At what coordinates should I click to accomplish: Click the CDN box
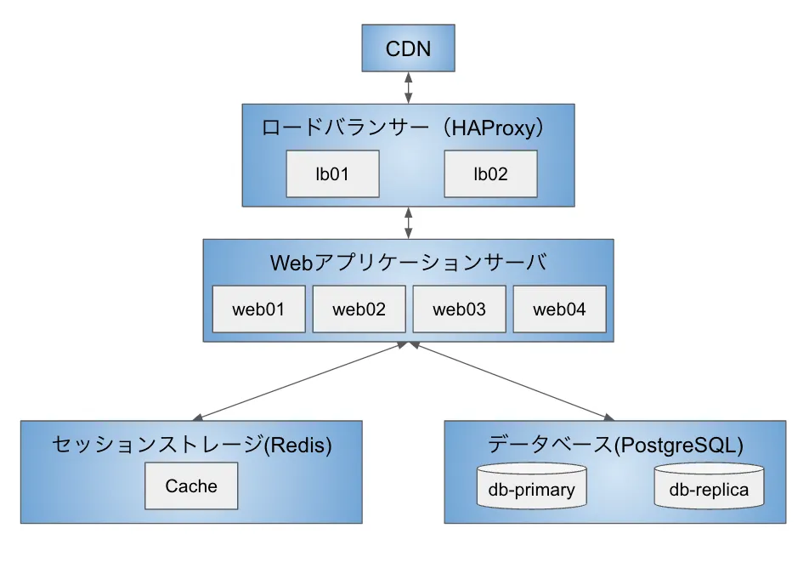[408, 48]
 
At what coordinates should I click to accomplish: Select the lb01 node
[333, 174]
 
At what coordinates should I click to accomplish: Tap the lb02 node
[490, 174]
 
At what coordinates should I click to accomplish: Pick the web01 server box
[258, 309]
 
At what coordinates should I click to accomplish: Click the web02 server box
[359, 309]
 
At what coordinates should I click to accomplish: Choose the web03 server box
[459, 309]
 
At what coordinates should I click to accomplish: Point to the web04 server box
[559, 309]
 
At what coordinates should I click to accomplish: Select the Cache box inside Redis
[191, 486]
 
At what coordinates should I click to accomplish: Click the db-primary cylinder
[532, 489]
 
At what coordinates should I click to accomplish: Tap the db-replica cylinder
[709, 489]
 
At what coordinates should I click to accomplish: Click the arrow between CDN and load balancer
[409, 88]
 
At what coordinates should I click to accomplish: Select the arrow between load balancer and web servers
[409, 222]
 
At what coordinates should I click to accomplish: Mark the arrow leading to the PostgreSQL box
[510, 382]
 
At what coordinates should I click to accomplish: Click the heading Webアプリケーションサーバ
[408, 263]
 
